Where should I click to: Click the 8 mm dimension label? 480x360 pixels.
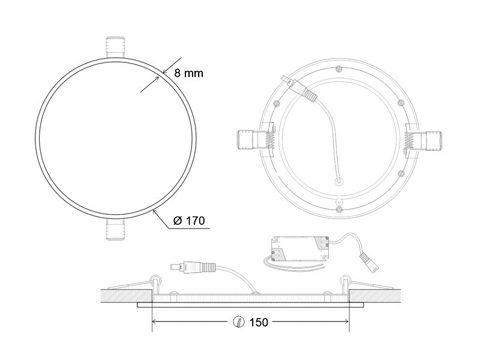[188, 73]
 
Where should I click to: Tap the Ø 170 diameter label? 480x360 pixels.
[189, 220]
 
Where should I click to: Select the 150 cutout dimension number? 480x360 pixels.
[259, 322]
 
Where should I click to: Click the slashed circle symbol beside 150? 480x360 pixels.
[239, 322]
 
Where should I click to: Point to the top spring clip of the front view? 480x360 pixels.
[115, 47]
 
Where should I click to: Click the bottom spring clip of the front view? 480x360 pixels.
[115, 229]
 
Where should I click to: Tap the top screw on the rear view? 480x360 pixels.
[338, 69]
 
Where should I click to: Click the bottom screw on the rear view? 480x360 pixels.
[339, 209]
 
